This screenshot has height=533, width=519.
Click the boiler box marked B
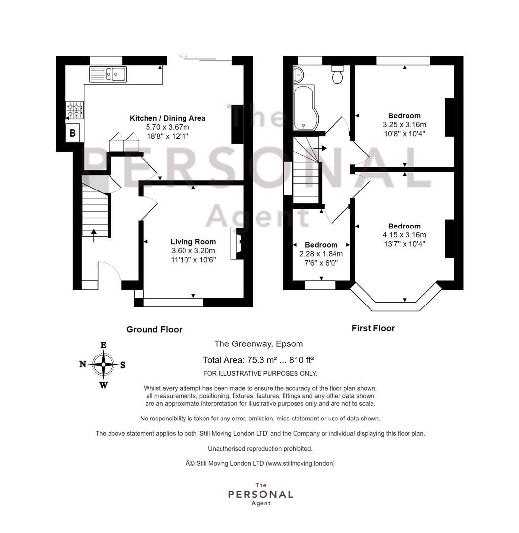pos(73,133)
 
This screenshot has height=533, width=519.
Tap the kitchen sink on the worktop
pos(108,74)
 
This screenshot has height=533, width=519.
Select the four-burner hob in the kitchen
pos(74,110)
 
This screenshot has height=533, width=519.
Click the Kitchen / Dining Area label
pos(167,118)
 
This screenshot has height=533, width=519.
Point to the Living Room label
pos(193,242)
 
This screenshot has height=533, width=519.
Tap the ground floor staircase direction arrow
pos(94,235)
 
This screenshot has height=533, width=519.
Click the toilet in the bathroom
pos(338,75)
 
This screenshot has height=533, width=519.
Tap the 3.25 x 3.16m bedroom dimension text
pos(404,125)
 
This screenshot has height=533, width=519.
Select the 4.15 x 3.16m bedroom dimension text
pos(404,235)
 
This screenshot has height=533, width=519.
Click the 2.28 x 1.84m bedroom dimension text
pos(321,254)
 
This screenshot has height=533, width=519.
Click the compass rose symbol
pos(103,365)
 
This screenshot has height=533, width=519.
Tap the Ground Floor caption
pos(154,329)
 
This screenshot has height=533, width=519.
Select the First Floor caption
pos(373,328)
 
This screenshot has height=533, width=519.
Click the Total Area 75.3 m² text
pos(259,360)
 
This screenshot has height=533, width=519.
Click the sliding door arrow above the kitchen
pos(184,56)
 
